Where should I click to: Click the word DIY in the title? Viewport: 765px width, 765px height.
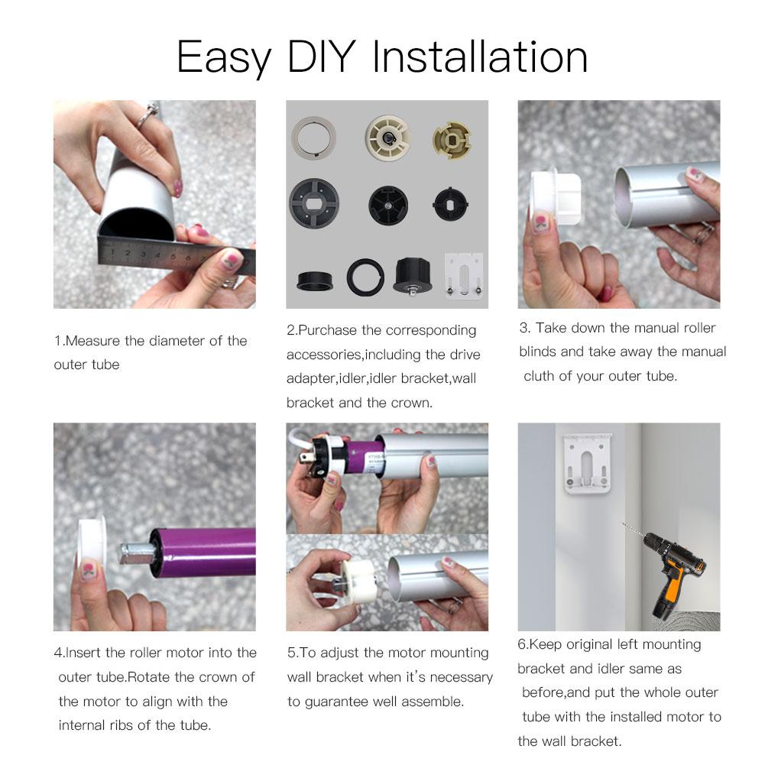(322, 57)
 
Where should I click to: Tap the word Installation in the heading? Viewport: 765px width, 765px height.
(480, 57)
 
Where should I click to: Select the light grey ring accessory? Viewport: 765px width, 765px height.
(313, 138)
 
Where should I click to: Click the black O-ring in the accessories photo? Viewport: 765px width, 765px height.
(365, 277)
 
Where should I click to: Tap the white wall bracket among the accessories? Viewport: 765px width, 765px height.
(463, 276)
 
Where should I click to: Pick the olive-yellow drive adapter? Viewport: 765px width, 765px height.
(452, 141)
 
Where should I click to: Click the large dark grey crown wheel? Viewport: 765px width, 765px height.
(313, 203)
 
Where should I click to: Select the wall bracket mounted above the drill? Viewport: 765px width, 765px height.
(587, 463)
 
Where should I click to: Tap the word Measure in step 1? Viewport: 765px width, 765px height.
(92, 341)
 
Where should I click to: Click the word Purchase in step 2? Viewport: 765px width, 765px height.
(327, 330)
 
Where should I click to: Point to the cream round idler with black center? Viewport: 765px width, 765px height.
(388, 137)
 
